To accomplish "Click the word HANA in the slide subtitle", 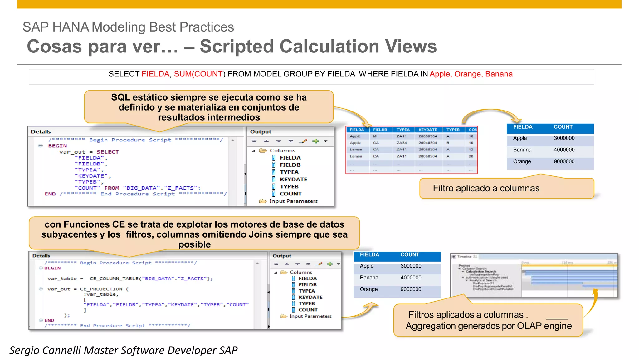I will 71,27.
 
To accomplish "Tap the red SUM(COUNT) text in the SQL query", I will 198,74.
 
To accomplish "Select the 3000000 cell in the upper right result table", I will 564,138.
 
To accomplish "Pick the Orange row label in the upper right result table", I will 522,161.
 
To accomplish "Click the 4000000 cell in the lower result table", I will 411,278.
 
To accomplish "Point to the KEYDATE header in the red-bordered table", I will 427,130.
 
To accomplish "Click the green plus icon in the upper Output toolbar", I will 315,141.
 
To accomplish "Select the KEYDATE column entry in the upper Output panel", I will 293,179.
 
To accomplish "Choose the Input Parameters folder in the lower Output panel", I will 310,316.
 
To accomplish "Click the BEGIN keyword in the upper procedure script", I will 57,146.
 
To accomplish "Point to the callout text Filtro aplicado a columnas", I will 486,188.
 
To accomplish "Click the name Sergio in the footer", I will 25,350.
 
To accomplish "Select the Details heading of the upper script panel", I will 41,132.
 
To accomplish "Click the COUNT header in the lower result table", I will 410,255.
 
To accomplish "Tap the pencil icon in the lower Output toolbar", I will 319,264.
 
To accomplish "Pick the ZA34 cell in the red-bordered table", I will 401,143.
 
